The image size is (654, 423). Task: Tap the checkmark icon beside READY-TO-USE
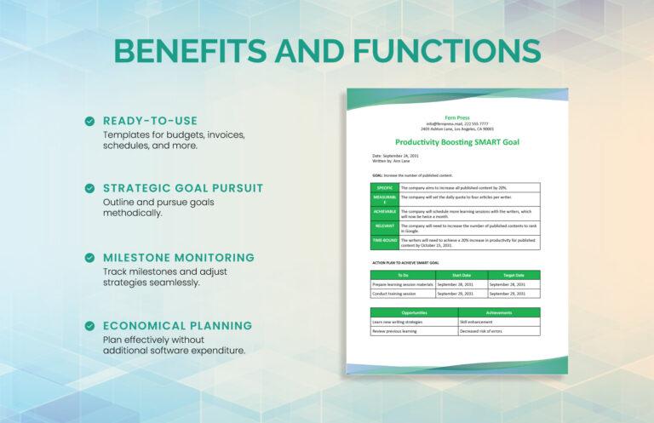pos(89,122)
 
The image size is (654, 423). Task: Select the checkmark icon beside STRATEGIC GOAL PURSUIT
pos(89,188)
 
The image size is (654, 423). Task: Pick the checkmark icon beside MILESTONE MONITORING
pos(89,257)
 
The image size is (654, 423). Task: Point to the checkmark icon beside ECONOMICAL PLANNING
pos(89,325)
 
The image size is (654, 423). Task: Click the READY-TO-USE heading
pos(150,121)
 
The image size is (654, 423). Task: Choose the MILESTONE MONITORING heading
pos(178,257)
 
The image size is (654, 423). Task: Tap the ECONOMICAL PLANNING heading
pos(177,325)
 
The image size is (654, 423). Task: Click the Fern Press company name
pos(456,117)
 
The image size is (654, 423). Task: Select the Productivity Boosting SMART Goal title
pos(456,142)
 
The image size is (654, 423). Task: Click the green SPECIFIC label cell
pos(385,187)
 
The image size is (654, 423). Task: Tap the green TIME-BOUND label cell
pos(385,242)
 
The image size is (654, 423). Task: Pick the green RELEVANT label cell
pos(385,226)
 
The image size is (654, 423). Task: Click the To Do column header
pos(403,275)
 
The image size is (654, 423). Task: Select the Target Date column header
pos(513,275)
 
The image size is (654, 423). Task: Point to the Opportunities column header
pos(414,313)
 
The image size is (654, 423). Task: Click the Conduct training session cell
pos(403,294)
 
